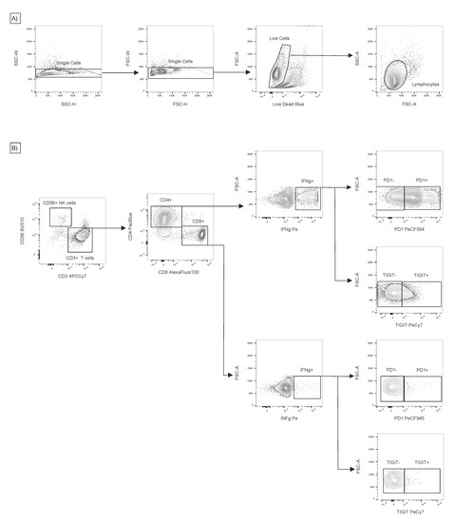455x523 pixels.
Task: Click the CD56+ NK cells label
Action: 62,202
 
